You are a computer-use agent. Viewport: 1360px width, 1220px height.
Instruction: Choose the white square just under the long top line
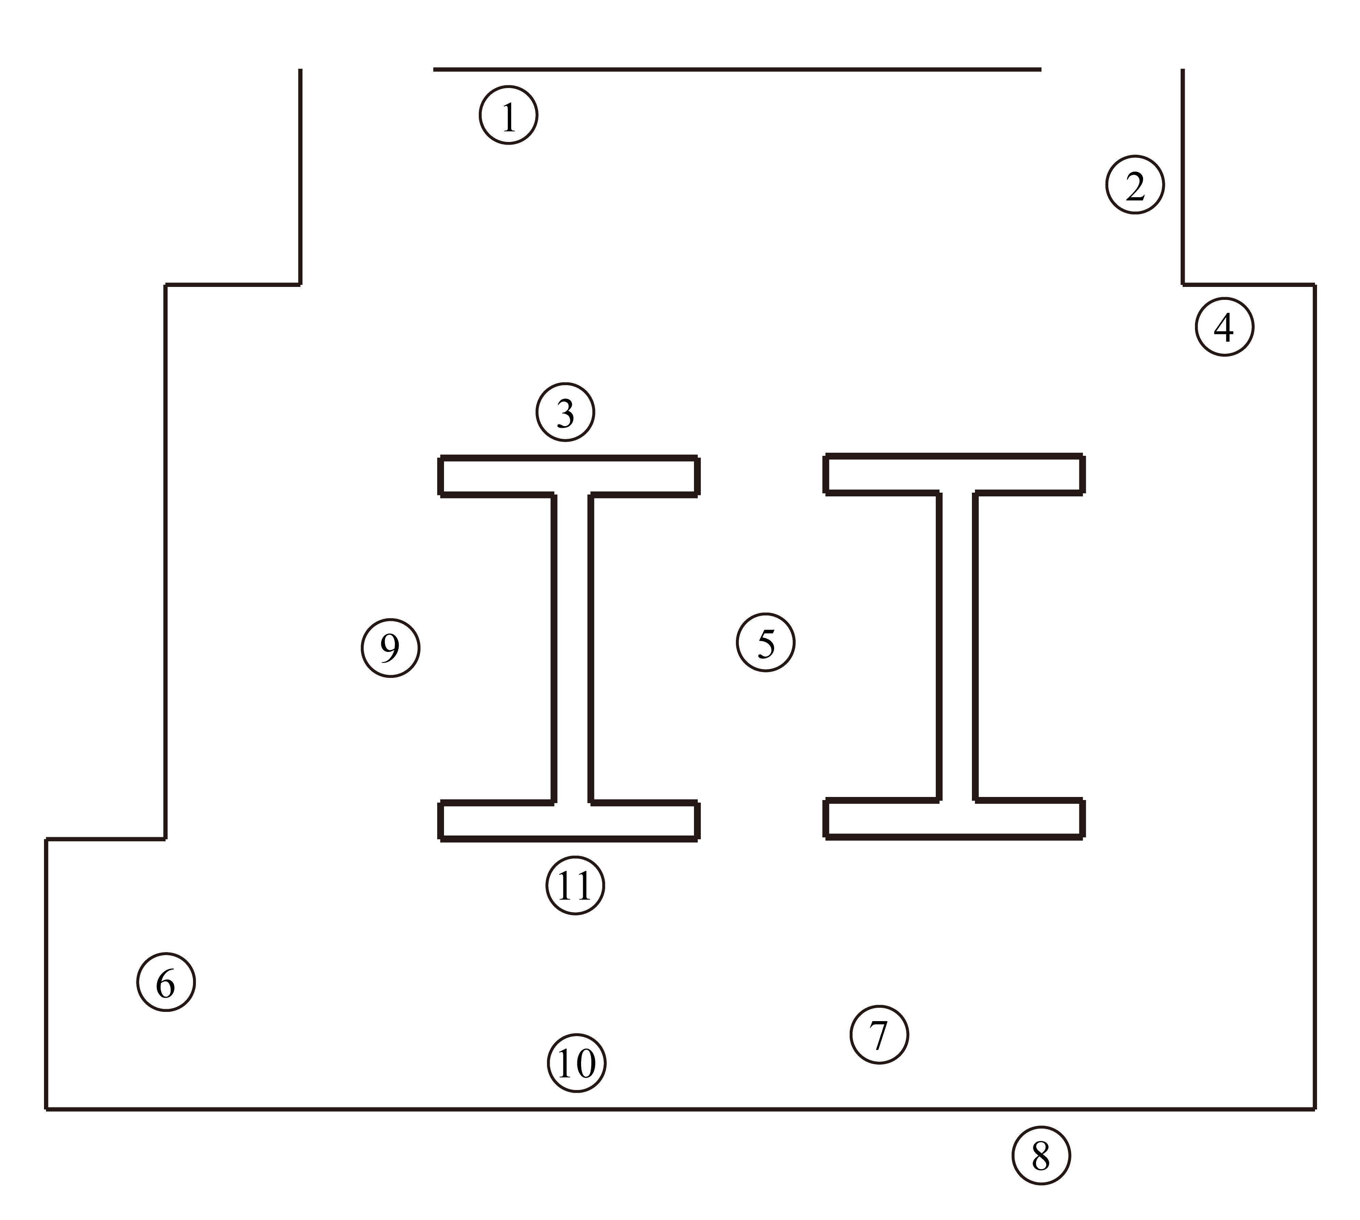[754, 176]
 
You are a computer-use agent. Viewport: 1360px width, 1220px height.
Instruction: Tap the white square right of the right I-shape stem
[1106, 716]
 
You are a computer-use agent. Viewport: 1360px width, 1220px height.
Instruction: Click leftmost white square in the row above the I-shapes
[403, 364]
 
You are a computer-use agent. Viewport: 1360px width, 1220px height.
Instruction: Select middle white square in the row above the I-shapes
[780, 364]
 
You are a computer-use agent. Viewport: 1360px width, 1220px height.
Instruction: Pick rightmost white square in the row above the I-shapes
[1089, 364]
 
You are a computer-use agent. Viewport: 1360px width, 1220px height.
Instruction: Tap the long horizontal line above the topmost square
[737, 69]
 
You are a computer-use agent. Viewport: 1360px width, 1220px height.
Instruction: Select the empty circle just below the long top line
[508, 115]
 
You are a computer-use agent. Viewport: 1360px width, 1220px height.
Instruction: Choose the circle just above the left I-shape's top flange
[565, 411]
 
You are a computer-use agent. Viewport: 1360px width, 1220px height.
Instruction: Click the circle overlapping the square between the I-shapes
[766, 642]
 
